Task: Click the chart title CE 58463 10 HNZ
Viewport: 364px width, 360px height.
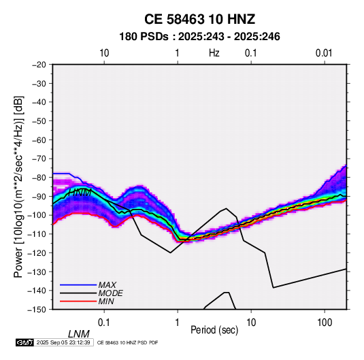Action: coord(199,19)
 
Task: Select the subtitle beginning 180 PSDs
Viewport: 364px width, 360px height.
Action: coord(199,37)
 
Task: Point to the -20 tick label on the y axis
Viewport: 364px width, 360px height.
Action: coord(39,65)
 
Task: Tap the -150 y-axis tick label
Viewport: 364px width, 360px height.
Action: coord(37,310)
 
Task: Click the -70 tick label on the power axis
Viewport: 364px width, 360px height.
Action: coord(39,159)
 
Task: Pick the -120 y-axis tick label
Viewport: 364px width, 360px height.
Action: coord(37,252)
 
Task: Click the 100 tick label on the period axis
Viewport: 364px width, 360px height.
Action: coord(325,323)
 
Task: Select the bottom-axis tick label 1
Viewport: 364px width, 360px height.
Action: coord(178,323)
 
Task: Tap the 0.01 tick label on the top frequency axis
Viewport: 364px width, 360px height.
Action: coord(324,53)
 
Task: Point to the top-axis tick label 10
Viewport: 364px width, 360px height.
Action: coord(104,53)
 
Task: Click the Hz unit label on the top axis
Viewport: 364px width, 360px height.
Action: coord(214,53)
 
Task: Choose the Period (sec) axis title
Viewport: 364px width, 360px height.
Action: coord(214,330)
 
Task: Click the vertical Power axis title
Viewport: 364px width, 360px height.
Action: coord(18,186)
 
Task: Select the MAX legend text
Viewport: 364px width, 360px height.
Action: coord(107,284)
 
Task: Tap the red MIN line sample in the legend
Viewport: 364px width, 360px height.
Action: coord(78,301)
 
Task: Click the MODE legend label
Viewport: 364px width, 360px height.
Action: coord(110,293)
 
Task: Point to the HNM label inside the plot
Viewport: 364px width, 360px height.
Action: coord(80,193)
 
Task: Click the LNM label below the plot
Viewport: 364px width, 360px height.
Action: coord(79,334)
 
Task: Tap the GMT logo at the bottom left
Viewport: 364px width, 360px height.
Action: coord(24,342)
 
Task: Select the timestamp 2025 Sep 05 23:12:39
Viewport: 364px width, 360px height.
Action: coord(63,342)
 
